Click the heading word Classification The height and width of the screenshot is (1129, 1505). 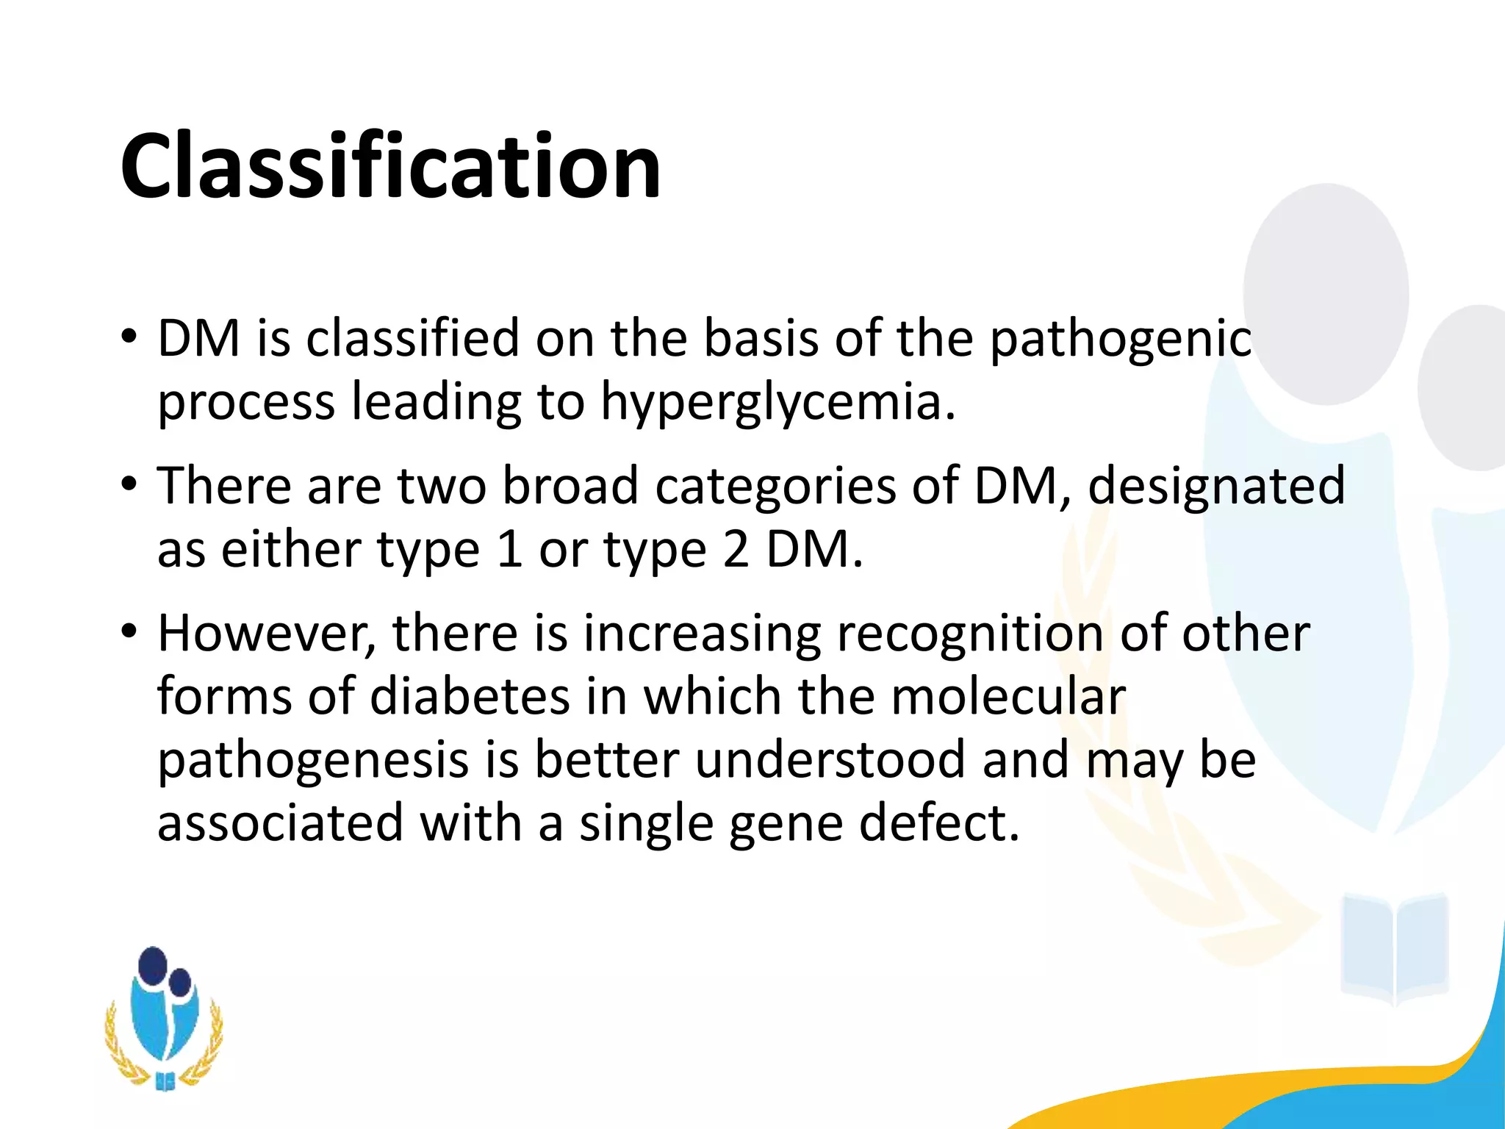390,165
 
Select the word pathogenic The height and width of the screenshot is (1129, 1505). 1120,339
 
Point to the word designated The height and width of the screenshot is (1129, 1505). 1216,486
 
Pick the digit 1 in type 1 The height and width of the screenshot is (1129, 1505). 509,550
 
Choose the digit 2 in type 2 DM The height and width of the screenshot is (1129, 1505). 736,550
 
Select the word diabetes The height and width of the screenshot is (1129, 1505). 470,697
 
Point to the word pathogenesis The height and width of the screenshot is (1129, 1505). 313,761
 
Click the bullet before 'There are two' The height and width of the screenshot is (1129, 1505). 129,484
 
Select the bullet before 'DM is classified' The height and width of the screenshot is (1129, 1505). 129,337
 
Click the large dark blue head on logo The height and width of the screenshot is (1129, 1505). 153,965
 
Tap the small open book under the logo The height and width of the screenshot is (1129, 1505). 165,1081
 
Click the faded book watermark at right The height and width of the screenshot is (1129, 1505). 1394,948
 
